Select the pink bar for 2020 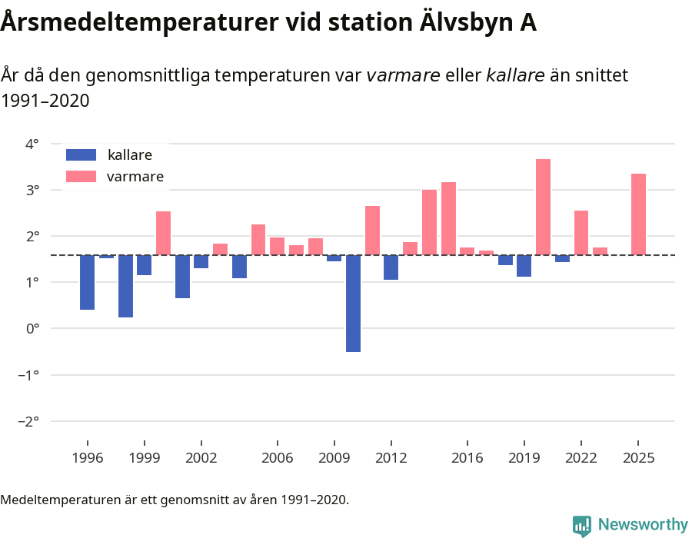pos(543,207)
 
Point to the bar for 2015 pos(448,218)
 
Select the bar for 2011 pos(372,231)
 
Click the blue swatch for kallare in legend pos(81,154)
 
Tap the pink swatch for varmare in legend pos(81,177)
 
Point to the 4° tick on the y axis pos(32,144)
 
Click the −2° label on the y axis pos(29,421)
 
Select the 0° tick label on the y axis pos(32,328)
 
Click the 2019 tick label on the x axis pos(524,458)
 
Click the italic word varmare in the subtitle pos(403,75)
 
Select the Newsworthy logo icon pos(582,525)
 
